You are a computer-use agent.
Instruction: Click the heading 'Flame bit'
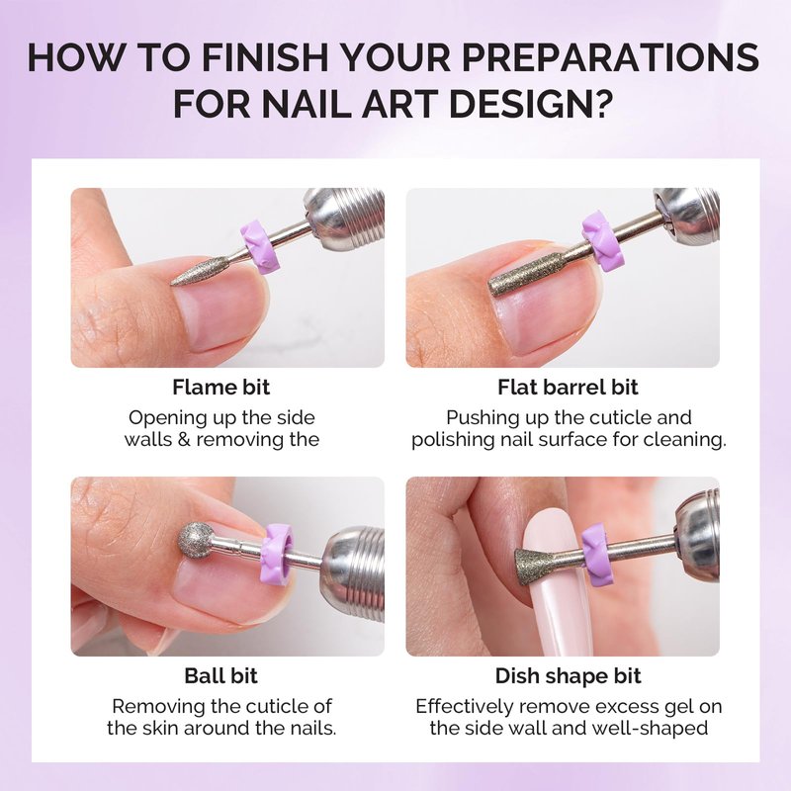coord(220,388)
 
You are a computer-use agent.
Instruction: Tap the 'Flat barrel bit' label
coord(568,388)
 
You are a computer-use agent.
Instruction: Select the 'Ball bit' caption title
coord(220,676)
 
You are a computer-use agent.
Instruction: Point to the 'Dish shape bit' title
coord(568,676)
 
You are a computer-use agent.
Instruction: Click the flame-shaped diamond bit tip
coord(198,273)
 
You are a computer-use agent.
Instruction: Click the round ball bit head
coord(195,540)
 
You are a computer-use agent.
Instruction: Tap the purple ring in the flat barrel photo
coord(602,240)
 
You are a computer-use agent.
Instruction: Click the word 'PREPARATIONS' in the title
coord(610,57)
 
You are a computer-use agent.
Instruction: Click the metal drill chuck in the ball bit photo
coord(353,571)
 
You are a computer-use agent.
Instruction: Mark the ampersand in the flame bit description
coord(185,439)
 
